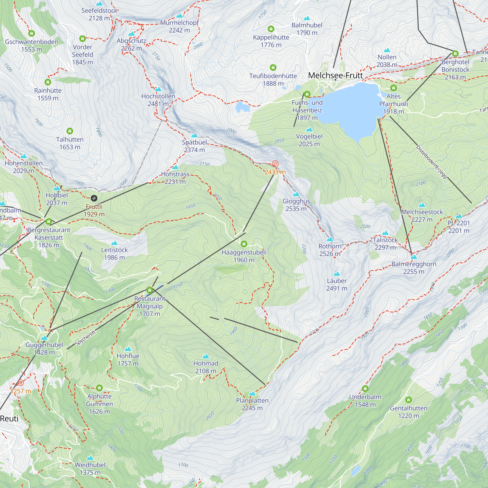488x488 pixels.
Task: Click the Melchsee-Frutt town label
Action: [335, 75]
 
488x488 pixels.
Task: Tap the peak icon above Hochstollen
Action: [158, 89]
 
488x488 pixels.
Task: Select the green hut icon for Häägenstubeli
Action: [244, 244]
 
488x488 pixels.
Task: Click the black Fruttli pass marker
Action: [94, 198]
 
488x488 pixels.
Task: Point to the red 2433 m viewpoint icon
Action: [275, 164]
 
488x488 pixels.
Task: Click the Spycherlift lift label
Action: [86, 338]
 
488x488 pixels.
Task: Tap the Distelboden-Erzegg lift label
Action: [431, 162]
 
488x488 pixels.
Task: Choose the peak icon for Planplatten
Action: [252, 394]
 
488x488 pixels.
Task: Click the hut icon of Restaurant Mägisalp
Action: [150, 290]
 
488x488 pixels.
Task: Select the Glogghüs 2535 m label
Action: [296, 205]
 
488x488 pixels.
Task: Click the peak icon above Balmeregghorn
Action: [414, 257]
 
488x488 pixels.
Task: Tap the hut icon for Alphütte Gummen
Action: [99, 388]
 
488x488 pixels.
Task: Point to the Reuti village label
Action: [9, 418]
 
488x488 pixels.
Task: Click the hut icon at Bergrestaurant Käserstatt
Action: [49, 222]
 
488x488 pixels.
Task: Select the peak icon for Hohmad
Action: [206, 356]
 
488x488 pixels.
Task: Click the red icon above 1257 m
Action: [21, 383]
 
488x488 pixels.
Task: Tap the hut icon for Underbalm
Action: [365, 388]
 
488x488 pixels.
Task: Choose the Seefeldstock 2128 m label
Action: [99, 14]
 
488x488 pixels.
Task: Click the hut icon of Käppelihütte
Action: [271, 29]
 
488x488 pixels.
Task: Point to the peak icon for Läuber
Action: [336, 274]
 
